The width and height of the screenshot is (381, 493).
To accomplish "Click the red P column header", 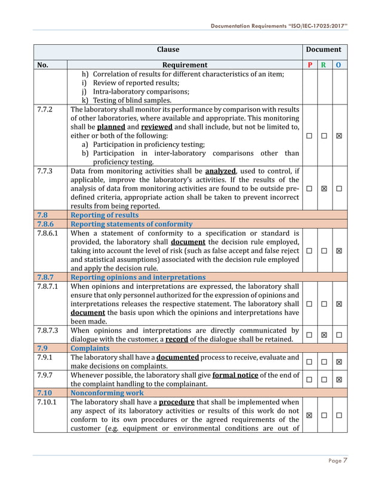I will [309, 64].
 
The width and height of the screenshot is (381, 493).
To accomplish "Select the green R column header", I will [324, 64].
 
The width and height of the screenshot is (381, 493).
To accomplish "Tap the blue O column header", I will [339, 64].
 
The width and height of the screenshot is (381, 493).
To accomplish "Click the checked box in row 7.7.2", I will [339, 136].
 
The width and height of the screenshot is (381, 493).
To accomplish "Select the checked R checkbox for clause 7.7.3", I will [324, 189].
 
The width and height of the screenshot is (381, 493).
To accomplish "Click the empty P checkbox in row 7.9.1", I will [309, 362].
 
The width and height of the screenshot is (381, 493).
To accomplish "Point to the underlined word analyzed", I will [221, 171].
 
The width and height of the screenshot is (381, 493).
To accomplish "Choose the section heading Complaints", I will [90, 347].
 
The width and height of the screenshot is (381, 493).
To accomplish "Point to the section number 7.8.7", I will [47, 277].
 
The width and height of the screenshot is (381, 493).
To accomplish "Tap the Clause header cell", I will [168, 50].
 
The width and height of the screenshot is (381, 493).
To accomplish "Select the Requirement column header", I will [185, 64].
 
